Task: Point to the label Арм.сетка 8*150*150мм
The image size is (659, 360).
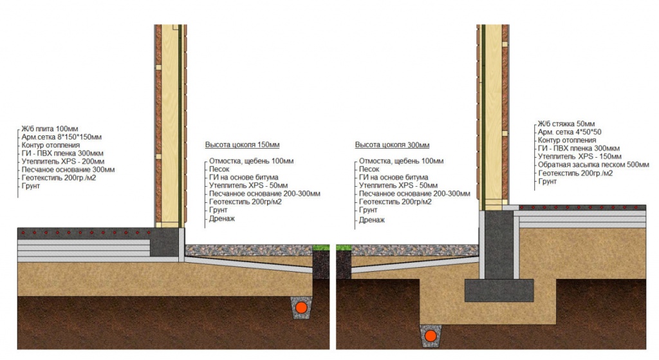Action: pos(62,137)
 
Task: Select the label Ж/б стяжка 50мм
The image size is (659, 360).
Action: pos(566,124)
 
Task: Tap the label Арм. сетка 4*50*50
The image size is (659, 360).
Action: pos(569,132)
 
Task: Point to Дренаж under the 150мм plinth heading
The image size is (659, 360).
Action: pos(222,219)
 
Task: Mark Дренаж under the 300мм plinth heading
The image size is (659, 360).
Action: pos(372,219)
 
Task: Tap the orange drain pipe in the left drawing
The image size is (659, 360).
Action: pos(301,308)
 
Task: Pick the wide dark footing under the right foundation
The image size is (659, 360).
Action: pos(499,290)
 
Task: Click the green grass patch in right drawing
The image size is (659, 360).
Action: pos(342,248)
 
